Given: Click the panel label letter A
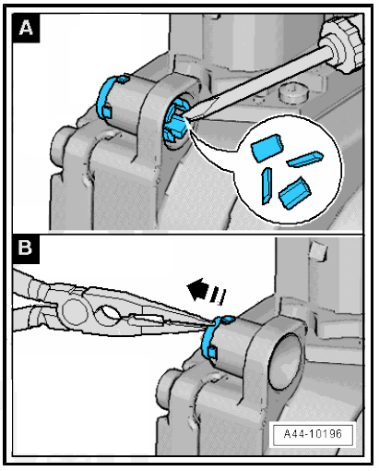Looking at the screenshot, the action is tap(26, 28).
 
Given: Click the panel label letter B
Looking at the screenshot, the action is tap(25, 248).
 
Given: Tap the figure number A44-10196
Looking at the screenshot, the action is tap(313, 433).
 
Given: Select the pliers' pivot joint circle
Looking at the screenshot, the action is tap(75, 311).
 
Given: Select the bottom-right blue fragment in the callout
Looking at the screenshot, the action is tap(295, 193).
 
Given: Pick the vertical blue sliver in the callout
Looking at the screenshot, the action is tap(266, 186).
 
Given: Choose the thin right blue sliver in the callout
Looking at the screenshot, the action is tap(304, 159).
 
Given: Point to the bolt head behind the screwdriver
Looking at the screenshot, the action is tap(293, 93).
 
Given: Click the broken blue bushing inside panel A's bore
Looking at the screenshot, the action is tap(176, 120).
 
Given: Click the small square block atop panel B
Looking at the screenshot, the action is tap(318, 251).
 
